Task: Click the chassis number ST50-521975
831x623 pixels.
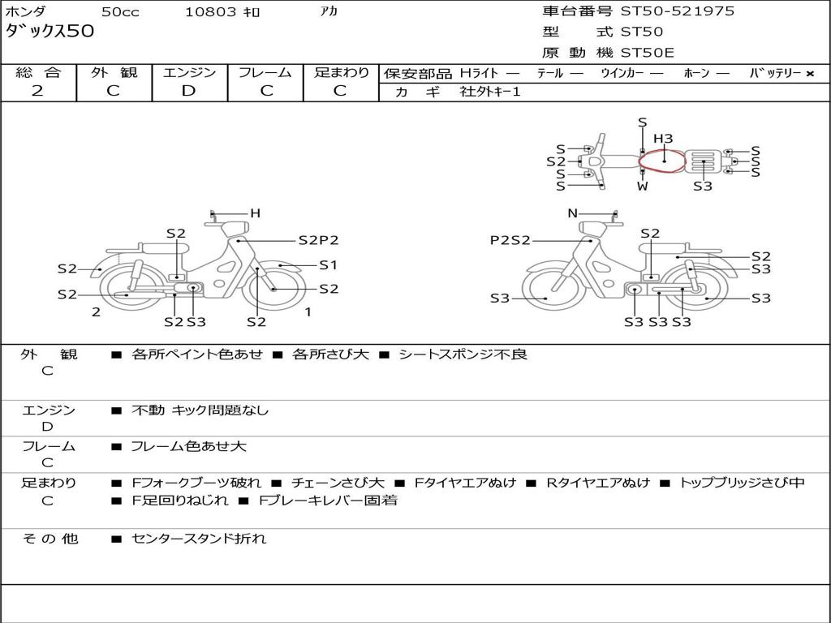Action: coord(678,11)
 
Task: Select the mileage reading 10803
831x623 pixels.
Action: coord(211,12)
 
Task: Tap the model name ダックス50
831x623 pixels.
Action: coord(50,32)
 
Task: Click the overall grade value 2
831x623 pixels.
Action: coord(37,91)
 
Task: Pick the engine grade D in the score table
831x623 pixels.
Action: coord(188,91)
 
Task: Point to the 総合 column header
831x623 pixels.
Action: coord(38,73)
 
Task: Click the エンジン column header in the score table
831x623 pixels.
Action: coord(189,73)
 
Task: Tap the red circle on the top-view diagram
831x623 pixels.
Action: coord(662,161)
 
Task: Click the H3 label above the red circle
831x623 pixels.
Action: coord(663,139)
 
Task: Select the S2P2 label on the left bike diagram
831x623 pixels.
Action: coord(318,240)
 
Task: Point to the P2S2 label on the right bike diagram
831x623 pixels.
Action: coord(510,240)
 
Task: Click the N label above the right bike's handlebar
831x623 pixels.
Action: coord(572,213)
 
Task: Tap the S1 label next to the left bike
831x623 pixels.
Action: coord(328,265)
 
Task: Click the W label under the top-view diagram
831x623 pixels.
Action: coord(643,186)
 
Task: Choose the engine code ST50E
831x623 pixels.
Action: coord(647,54)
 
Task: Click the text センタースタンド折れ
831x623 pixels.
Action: coord(199,539)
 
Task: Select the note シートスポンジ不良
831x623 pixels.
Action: coord(463,354)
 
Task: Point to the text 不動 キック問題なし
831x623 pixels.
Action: coord(200,410)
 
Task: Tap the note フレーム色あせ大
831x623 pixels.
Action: coord(188,446)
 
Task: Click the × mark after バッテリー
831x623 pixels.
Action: coord(809,74)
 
